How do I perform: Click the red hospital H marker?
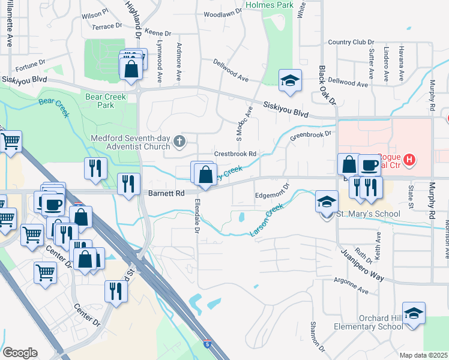(409, 160)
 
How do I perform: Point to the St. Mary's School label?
(359, 214)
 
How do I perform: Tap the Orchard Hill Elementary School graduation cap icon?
(414, 314)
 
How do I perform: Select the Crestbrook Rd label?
(236, 154)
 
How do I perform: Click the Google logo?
(20, 352)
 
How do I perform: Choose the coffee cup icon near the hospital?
(369, 164)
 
